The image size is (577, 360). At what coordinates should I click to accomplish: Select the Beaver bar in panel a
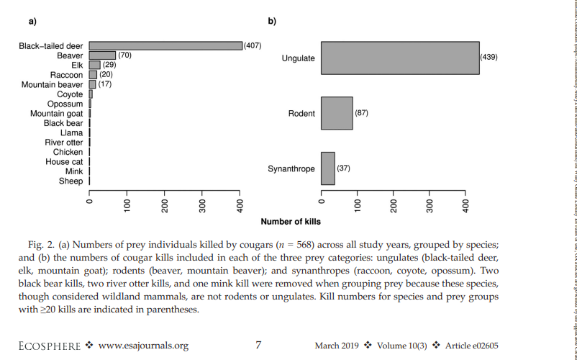pos(102,55)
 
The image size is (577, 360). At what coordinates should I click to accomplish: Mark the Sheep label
pos(71,181)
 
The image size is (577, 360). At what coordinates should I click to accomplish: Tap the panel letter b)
pos(272,21)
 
